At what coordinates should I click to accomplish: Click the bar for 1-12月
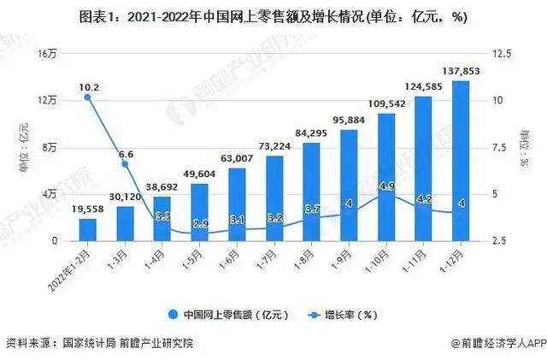461,162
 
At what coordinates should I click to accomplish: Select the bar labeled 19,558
87,230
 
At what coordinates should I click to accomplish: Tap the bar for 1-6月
237,204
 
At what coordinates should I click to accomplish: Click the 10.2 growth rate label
87,86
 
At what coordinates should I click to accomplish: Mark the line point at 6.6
125,163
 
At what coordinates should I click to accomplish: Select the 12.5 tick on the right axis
504,53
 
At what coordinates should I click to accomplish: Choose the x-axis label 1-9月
342,256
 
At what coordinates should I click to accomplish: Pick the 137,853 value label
461,70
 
